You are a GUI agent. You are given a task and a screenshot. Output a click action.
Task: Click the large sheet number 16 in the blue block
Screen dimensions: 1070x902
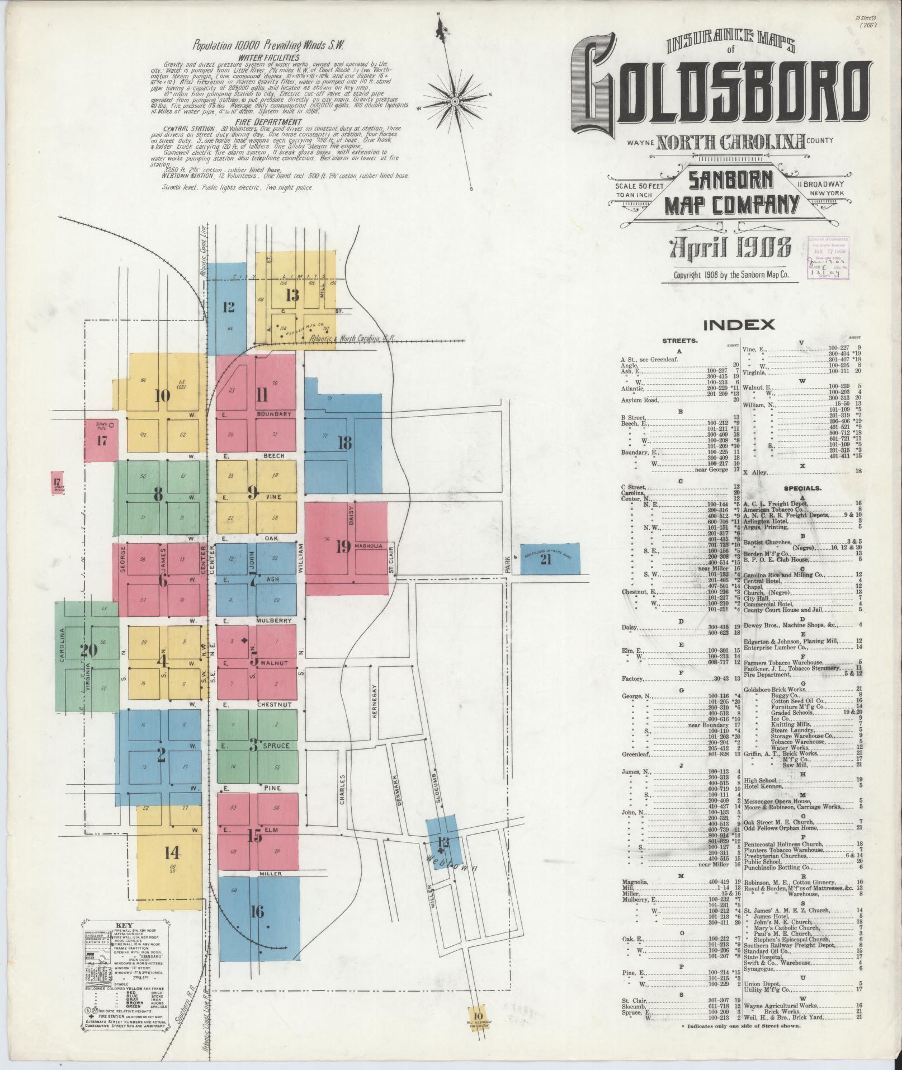[x=257, y=912]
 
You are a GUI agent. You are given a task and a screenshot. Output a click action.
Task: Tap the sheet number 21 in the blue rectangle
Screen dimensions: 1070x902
[x=546, y=559]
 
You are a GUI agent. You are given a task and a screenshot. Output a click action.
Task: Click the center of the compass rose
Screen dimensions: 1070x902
[x=455, y=101]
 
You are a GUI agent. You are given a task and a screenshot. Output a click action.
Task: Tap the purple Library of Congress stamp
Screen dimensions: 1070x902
[x=828, y=257]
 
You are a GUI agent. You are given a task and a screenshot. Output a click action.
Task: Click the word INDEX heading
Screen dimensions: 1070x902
[x=739, y=325]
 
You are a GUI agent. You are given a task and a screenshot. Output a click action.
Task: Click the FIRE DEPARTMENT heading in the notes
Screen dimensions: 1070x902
[x=270, y=121]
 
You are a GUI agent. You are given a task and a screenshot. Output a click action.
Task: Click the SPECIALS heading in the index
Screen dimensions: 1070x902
[x=802, y=488]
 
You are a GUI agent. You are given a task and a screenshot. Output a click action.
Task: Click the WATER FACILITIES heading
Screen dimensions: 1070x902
[x=269, y=57]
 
